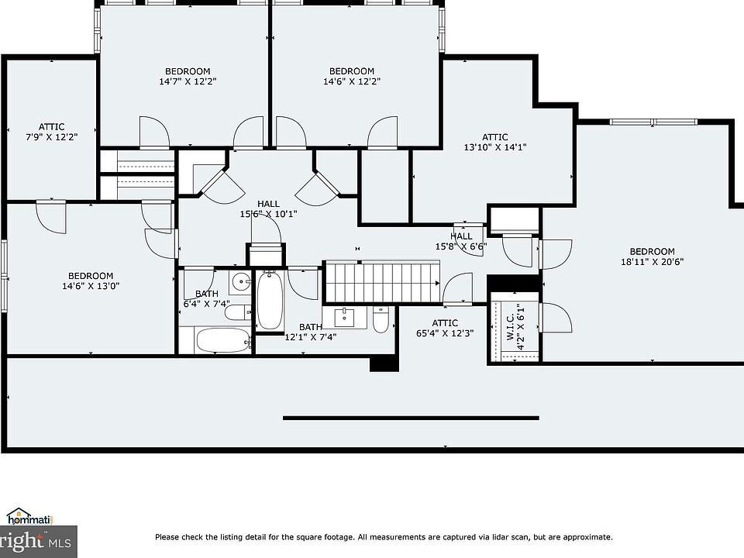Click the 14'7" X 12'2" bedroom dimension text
click(188, 81)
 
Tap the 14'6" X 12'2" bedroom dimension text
click(352, 81)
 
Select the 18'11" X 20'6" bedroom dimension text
click(652, 261)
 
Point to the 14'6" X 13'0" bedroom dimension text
click(91, 286)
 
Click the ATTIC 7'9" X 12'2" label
click(52, 132)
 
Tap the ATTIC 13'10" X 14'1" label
click(495, 142)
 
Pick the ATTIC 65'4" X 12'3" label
click(445, 329)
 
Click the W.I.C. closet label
click(511, 326)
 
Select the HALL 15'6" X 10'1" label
click(269, 208)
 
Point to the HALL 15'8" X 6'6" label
click(461, 241)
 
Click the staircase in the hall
click(382, 282)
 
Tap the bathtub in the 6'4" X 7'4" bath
click(223, 340)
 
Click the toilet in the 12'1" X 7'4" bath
click(381, 319)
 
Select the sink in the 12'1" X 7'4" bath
click(344, 318)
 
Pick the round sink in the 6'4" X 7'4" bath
click(242, 283)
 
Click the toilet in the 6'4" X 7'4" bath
click(238, 312)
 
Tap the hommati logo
click(29, 517)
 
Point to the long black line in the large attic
click(411, 418)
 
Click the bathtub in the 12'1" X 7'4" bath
click(270, 301)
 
